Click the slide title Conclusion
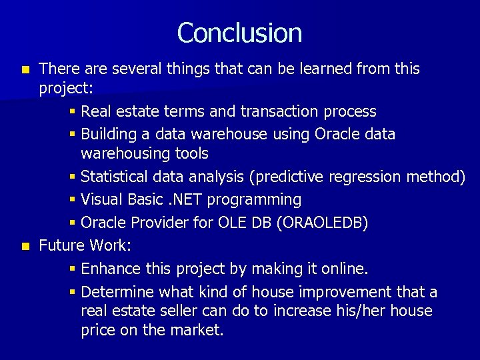[x=239, y=33]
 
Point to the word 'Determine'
[x=117, y=292]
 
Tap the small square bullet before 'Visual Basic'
[x=73, y=200]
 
